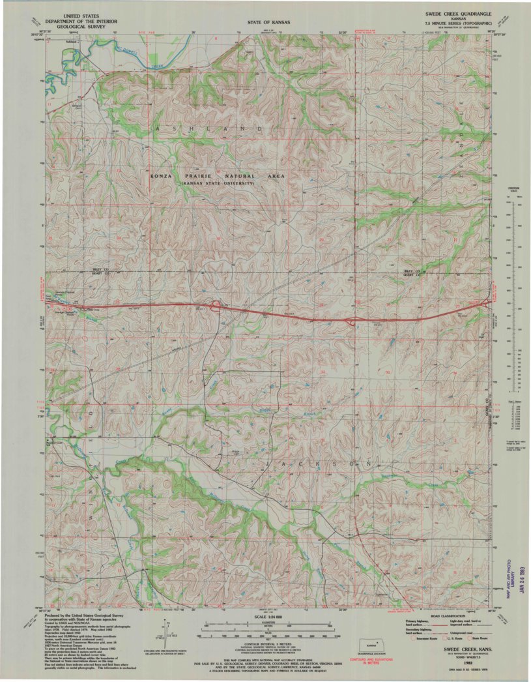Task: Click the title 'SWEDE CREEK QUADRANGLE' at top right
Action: tap(459, 13)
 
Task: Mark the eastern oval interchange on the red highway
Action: tap(352, 321)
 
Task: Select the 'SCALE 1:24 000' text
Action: tap(268, 617)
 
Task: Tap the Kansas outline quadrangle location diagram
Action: tap(373, 645)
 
